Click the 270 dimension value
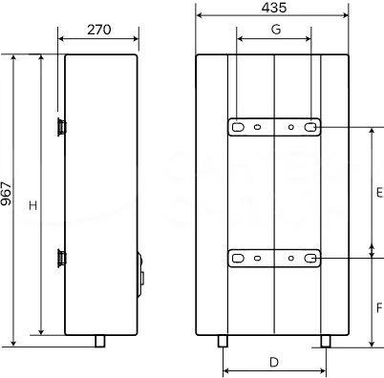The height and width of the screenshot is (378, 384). pyautogui.click(x=99, y=30)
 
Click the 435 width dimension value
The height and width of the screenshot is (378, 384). pyautogui.click(x=274, y=8)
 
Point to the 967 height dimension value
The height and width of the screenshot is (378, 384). pyautogui.click(x=6, y=194)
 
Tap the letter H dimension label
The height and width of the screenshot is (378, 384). pyautogui.click(x=33, y=205)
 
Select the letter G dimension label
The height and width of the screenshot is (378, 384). pyautogui.click(x=276, y=30)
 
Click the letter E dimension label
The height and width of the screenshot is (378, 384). pyautogui.click(x=379, y=193)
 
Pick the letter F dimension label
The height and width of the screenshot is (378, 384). pyautogui.click(x=379, y=307)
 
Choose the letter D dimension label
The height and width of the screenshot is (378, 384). pyautogui.click(x=274, y=362)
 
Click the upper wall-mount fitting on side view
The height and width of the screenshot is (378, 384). pyautogui.click(x=61, y=127)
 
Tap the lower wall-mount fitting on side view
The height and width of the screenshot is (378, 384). pyautogui.click(x=61, y=258)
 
